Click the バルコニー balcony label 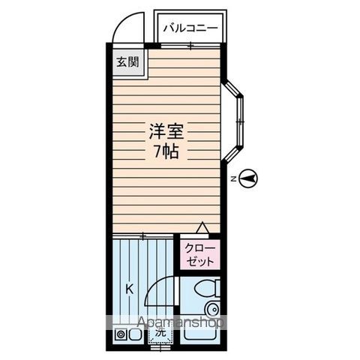click(190, 28)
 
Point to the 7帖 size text click(166, 151)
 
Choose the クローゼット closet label click(198, 254)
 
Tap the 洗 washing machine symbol click(159, 335)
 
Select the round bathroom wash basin click(212, 310)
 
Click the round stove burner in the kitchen click(120, 335)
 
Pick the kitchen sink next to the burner click(135, 335)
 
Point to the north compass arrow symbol click(250, 178)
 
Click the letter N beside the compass click(234, 178)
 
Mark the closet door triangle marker click(202, 227)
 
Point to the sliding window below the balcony click(190, 47)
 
